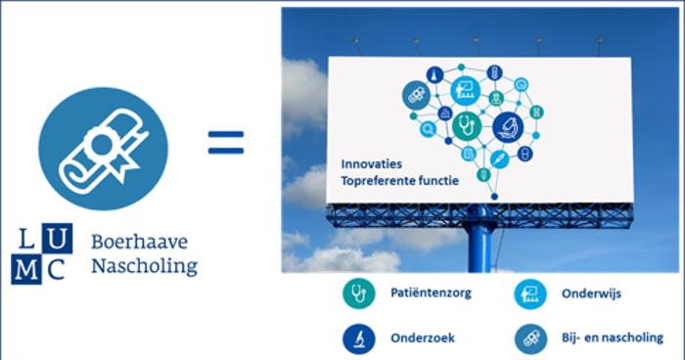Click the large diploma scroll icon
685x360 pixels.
click(103, 149)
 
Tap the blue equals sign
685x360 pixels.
click(226, 143)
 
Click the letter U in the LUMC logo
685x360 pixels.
click(57, 239)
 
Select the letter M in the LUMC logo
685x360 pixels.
click(26, 270)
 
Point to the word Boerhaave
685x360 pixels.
click(139, 242)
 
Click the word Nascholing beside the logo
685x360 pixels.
click(144, 266)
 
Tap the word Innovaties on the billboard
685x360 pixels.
click(371, 164)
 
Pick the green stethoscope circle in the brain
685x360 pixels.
click(467, 126)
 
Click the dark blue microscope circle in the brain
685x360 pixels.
click(508, 127)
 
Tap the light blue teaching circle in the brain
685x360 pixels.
click(465, 91)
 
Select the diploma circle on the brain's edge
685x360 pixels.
click(416, 95)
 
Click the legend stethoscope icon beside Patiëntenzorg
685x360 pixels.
click(359, 293)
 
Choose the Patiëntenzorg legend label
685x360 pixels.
click(431, 292)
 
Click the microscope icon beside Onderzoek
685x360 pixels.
click(359, 338)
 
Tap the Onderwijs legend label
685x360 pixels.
click(591, 293)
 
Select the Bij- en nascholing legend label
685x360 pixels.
click(612, 337)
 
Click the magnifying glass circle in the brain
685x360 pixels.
click(429, 129)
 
